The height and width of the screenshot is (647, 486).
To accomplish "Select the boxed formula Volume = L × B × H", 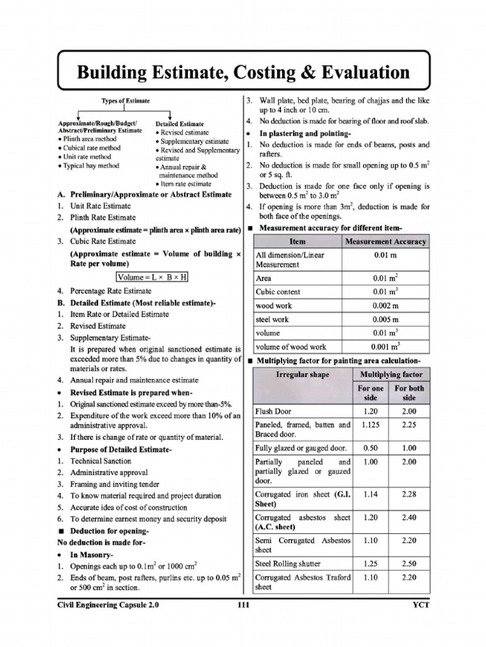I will tap(153, 277).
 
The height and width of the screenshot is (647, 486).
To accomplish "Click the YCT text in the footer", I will tap(419, 605).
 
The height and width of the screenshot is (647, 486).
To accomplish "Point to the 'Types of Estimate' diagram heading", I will tap(125, 101).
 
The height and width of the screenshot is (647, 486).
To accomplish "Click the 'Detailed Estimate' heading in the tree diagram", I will tap(180, 124).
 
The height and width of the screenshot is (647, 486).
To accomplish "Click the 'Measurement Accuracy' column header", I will tap(385, 242).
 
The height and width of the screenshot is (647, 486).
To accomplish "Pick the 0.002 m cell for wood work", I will tap(385, 306).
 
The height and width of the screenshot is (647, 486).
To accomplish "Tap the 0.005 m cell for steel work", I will tap(385, 320).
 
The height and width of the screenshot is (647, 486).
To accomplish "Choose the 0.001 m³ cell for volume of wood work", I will tap(385, 347).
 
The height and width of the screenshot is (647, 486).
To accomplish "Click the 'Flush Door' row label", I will tap(273, 411).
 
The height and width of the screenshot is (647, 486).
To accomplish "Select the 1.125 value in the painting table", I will tap(371, 425).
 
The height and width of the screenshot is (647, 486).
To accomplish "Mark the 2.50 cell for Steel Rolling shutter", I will tap(409, 563).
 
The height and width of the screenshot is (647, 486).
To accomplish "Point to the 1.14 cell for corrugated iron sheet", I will tap(371, 494).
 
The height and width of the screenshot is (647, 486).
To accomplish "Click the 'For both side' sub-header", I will tap(409, 393).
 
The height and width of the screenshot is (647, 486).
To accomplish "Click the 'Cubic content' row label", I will tap(278, 292).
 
